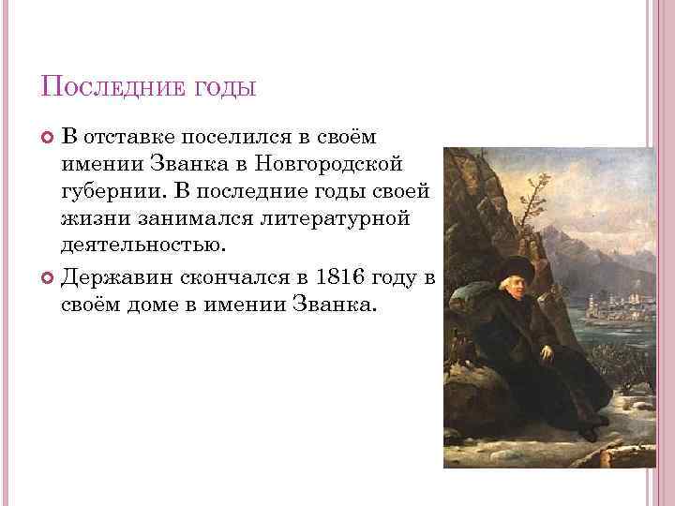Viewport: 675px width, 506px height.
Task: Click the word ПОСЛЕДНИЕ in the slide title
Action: [x=111, y=90]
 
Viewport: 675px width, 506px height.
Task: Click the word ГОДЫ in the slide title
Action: [x=222, y=90]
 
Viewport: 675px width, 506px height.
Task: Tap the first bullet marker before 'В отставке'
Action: [x=48, y=139]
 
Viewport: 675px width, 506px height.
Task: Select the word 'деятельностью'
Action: [x=142, y=246]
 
